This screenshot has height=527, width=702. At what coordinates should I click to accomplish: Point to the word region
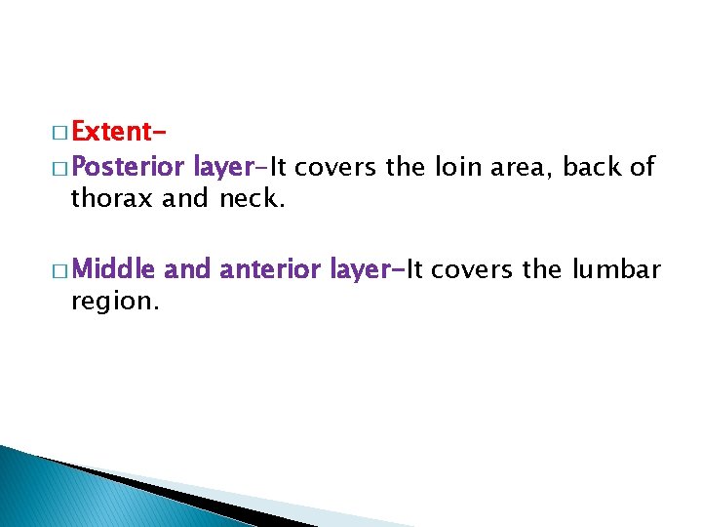point(111,301)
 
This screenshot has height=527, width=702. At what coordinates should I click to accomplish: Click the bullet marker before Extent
point(59,133)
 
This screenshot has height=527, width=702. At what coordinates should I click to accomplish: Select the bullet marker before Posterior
point(59,168)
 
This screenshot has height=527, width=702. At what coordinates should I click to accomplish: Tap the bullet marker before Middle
point(59,268)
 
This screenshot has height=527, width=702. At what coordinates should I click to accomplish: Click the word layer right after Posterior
point(223,168)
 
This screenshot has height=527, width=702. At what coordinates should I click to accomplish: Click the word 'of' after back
point(643,167)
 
